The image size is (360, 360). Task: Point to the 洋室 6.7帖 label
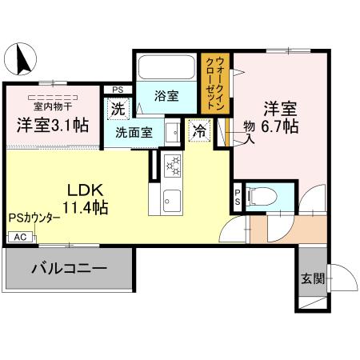coord(279,118)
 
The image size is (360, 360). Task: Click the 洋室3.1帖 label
coord(53,124)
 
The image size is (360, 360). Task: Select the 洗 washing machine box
coord(118,108)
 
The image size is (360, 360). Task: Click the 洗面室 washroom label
coord(133,134)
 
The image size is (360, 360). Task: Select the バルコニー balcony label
coord(69,268)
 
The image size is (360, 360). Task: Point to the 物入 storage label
coord(249,133)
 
